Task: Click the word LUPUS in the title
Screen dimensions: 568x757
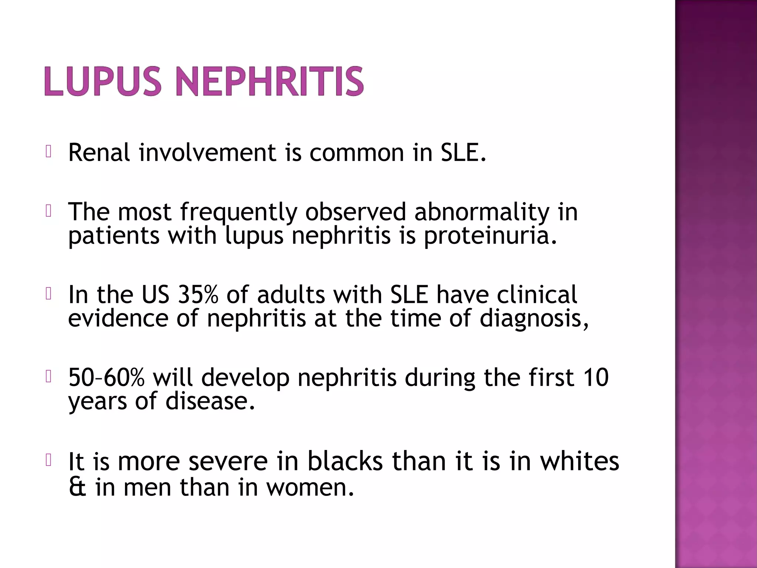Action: [x=103, y=81]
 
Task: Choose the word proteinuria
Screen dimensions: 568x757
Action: [x=490, y=236]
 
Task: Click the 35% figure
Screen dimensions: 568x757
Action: [x=198, y=295]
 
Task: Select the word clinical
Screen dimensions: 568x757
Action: [x=537, y=295]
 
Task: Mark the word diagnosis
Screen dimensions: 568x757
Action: [x=534, y=318]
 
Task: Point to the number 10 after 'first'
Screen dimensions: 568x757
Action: [x=595, y=378]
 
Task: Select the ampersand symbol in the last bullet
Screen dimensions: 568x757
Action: [x=78, y=487]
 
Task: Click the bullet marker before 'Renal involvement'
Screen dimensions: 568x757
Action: [x=48, y=152]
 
